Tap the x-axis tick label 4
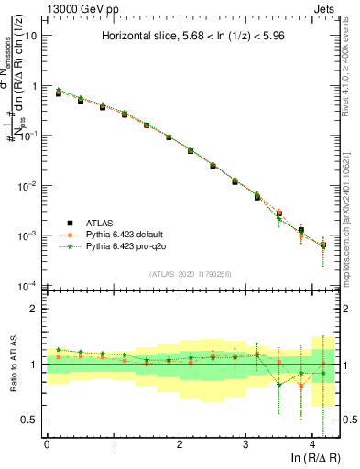[x=311, y=443]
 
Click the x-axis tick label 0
[x=47, y=443]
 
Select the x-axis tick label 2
[x=180, y=443]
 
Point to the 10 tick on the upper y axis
[x=31, y=36]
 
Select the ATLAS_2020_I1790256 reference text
[x=190, y=273]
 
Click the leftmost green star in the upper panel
[x=59, y=91]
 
